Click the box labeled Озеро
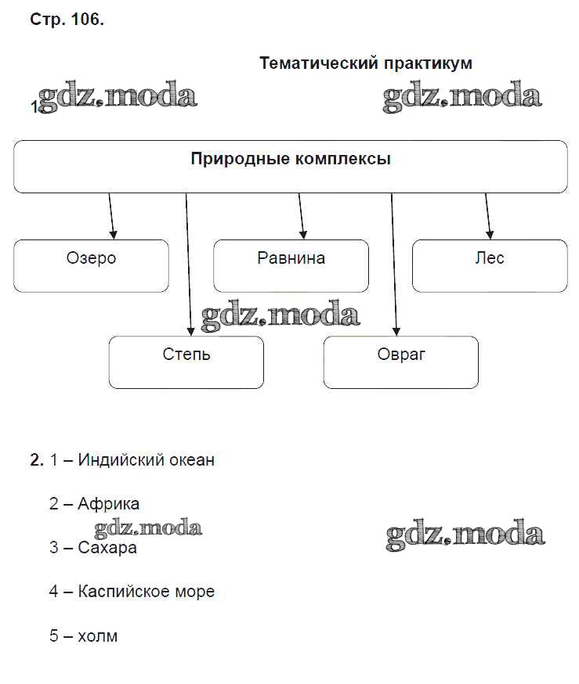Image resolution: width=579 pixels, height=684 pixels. (x=91, y=266)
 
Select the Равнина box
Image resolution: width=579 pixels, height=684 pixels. (x=291, y=266)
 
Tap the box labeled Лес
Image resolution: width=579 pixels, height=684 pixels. (x=490, y=266)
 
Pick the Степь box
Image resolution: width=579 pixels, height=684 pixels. (x=186, y=362)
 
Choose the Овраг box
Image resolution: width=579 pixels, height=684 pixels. (x=400, y=362)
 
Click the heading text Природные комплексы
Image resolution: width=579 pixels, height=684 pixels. (x=291, y=160)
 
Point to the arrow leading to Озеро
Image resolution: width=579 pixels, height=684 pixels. (x=111, y=216)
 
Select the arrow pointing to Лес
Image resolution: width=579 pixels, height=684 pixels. (x=488, y=216)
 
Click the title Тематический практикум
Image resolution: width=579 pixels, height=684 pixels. (x=365, y=63)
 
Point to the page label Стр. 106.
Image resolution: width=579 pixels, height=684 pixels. (x=67, y=20)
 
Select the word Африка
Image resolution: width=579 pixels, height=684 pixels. (x=109, y=504)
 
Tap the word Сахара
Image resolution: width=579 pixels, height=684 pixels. (x=107, y=548)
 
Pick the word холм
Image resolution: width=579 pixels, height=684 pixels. (x=98, y=635)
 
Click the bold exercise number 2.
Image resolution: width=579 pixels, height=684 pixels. (x=36, y=460)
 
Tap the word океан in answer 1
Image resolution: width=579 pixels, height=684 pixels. (x=190, y=460)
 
